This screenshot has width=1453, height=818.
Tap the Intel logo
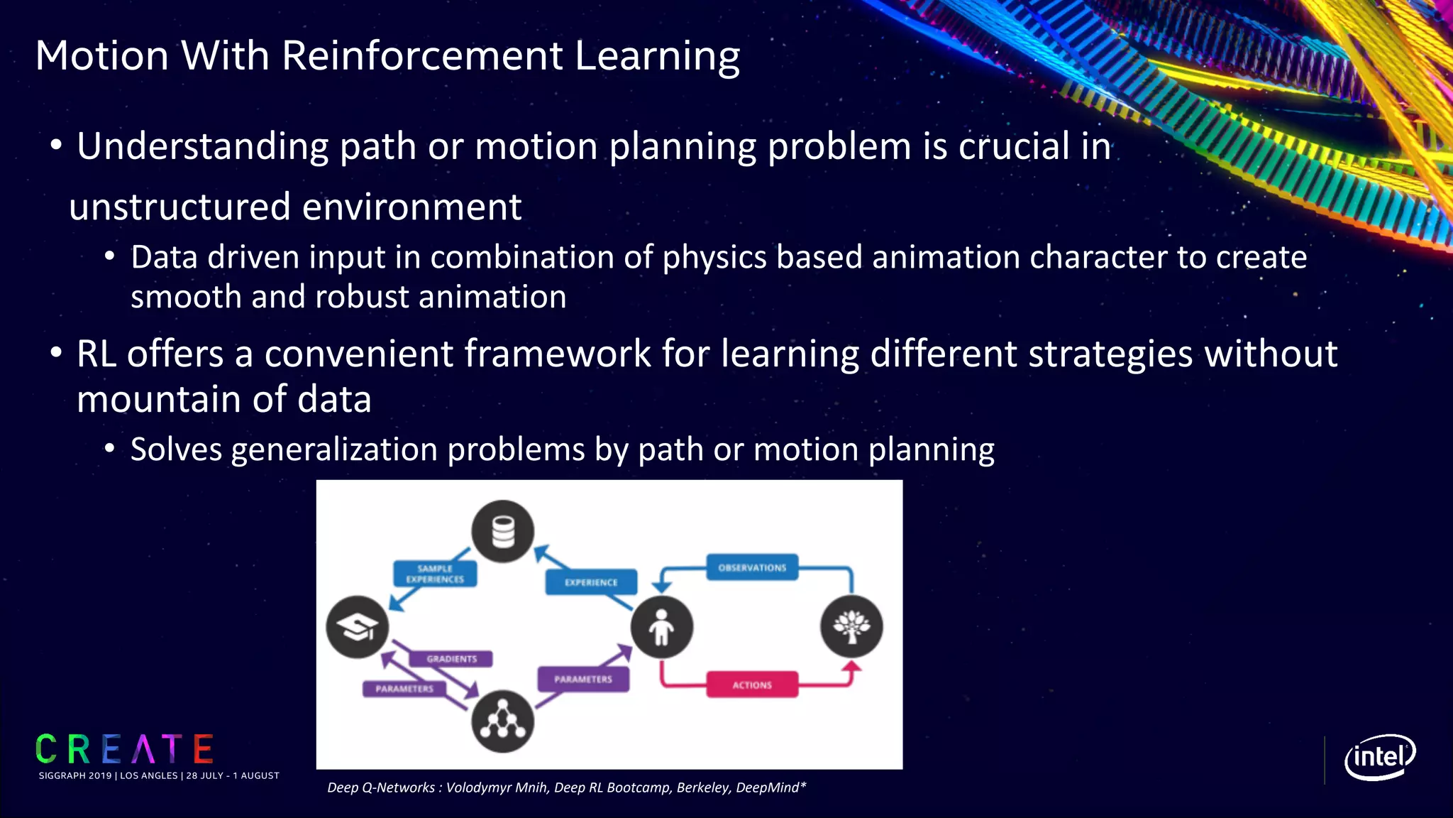[1379, 757]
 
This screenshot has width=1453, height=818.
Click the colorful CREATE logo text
[125, 749]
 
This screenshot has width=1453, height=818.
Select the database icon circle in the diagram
[503, 531]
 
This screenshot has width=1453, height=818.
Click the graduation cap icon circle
[357, 626]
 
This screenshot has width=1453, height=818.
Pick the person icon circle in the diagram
[661, 626]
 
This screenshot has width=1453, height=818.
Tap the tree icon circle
[851, 626]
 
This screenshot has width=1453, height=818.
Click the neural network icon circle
[503, 721]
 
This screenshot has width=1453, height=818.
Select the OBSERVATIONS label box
[752, 567]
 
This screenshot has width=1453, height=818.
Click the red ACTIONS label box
[752, 685]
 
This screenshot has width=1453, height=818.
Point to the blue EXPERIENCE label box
[591, 582]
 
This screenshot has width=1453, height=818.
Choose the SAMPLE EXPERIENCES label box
[435, 574]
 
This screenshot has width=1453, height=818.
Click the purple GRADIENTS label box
[452, 659]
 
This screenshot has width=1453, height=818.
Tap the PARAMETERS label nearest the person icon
[583, 679]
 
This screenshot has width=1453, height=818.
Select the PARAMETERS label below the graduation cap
[404, 689]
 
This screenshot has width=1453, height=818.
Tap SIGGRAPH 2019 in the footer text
[75, 775]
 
